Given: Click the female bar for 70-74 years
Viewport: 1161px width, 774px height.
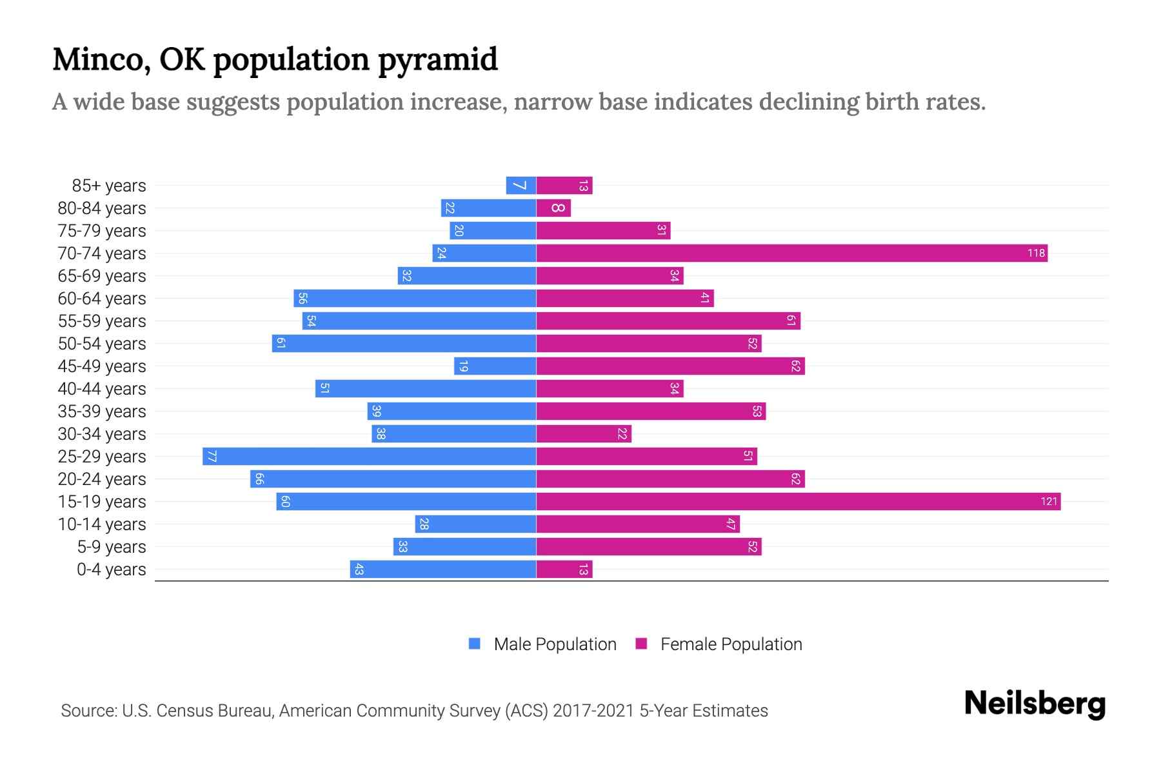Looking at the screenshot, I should (x=791, y=253).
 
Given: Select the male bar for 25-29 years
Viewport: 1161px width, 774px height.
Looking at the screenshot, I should (x=369, y=456).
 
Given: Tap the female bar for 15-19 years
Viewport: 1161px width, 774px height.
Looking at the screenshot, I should (x=798, y=501).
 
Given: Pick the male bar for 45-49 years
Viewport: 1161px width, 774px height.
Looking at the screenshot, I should (x=495, y=366).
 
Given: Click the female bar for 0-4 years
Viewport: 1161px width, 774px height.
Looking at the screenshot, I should (x=564, y=569).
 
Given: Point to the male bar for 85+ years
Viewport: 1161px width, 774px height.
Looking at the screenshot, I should (x=521, y=185).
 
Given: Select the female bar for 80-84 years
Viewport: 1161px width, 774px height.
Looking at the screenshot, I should (x=553, y=208).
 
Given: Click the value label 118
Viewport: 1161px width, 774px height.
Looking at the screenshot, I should (x=1036, y=253).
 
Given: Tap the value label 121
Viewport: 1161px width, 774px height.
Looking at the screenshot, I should (x=1049, y=501).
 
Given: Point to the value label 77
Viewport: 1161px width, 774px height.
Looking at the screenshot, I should (x=212, y=456).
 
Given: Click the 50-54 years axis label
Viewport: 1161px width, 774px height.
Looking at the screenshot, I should (x=102, y=343).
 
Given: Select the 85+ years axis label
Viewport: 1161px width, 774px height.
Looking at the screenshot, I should (x=108, y=185).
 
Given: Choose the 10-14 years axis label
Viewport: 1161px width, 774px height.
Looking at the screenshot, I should (x=102, y=524).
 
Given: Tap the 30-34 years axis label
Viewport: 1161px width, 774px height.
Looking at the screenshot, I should (x=102, y=433).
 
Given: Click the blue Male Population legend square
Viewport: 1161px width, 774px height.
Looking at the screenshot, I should (x=475, y=644).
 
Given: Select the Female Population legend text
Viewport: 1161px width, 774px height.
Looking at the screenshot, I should (x=731, y=644).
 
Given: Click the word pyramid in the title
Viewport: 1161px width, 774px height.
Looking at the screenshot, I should (x=437, y=59).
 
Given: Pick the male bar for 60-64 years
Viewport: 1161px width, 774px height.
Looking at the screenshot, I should (x=415, y=298).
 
